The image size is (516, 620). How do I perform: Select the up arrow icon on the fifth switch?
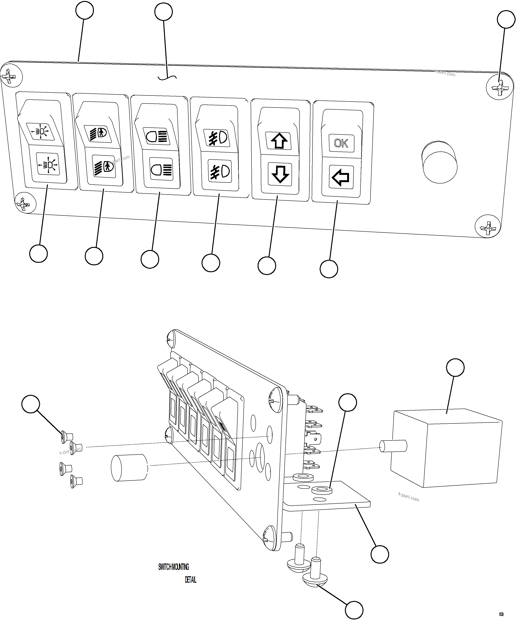pyautogui.click(x=279, y=141)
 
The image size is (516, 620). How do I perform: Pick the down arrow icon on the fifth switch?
pyautogui.click(x=280, y=174)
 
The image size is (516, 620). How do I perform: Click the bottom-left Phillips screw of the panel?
pyautogui.click(x=25, y=203)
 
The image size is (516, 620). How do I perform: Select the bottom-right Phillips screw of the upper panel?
pyautogui.click(x=488, y=227)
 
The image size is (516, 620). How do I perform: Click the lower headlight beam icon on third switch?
pyautogui.click(x=161, y=169)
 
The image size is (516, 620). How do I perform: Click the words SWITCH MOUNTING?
pyautogui.click(x=173, y=567)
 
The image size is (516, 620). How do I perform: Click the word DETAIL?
pyautogui.click(x=190, y=580)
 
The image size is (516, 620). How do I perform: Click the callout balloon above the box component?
pyautogui.click(x=455, y=367)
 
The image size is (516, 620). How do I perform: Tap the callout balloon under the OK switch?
pyautogui.click(x=329, y=269)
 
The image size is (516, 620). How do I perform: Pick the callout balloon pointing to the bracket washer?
pyautogui.click(x=348, y=402)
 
